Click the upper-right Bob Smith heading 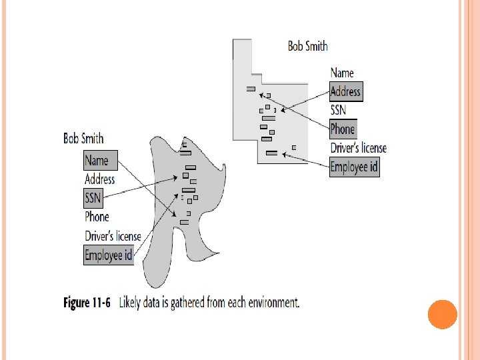[x=307, y=46]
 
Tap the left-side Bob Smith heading [x=83, y=139]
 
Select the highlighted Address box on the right [x=345, y=91]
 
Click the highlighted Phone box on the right [x=343, y=129]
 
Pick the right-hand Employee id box [x=354, y=167]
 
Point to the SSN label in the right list [x=339, y=110]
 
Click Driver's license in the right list [x=358, y=148]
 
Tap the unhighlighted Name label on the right [x=342, y=73]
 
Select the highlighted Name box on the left [x=97, y=160]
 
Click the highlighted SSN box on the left [x=93, y=198]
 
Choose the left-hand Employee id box [x=109, y=255]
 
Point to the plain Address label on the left [x=99, y=179]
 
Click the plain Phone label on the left [x=97, y=217]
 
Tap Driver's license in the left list [x=113, y=235]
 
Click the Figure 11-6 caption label [x=87, y=303]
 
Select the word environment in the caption [x=271, y=303]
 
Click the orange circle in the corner [x=442, y=315]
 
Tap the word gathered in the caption [x=191, y=303]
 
